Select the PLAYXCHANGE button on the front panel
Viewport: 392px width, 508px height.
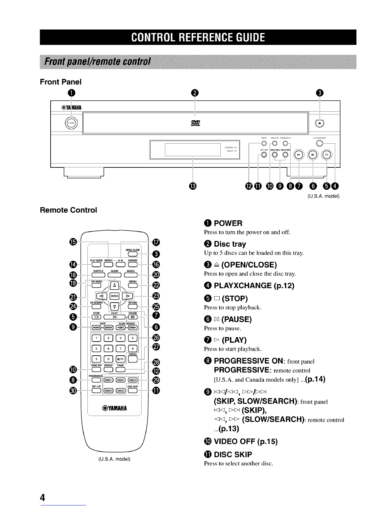(x=319, y=143)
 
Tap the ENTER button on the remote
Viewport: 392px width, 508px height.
(x=114, y=295)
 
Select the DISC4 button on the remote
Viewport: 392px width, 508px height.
(x=109, y=390)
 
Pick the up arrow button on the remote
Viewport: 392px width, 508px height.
(x=114, y=285)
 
